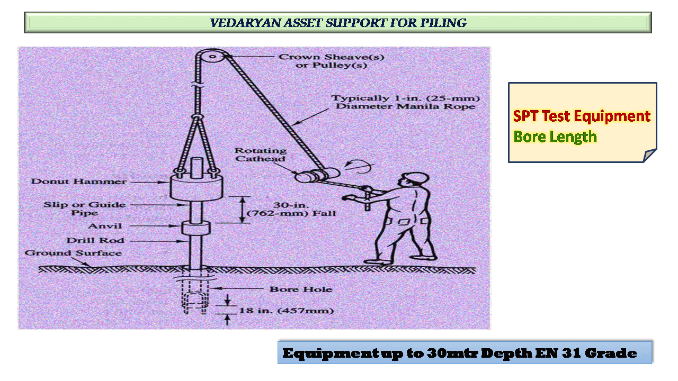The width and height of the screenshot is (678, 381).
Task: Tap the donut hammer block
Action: pyautogui.click(x=197, y=188)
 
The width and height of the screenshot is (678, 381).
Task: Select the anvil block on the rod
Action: pyautogui.click(x=195, y=228)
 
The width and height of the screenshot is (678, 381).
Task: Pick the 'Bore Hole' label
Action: pyautogui.click(x=301, y=289)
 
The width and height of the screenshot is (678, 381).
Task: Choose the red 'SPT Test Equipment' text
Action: pyautogui.click(x=582, y=116)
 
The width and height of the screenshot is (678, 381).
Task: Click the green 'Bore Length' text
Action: pyautogui.click(x=555, y=137)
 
